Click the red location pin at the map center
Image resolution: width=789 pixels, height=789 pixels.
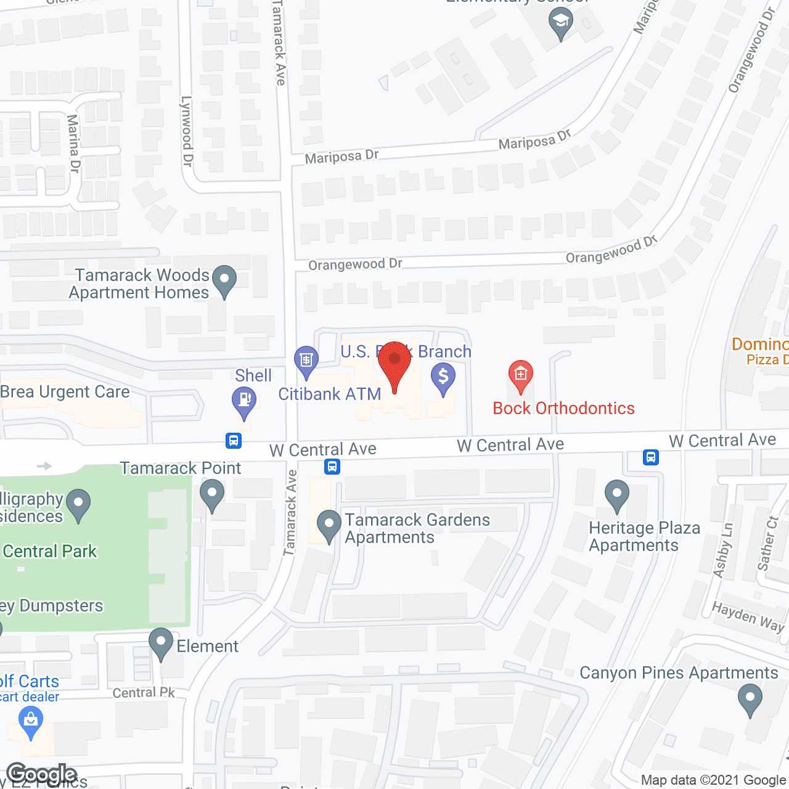point(394,361)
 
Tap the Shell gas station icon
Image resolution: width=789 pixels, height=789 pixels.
point(244,400)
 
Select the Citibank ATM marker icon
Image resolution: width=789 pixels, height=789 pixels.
point(306,360)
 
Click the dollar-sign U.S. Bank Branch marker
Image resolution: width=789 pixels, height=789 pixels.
point(443,376)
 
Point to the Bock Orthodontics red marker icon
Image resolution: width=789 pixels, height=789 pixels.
point(521,374)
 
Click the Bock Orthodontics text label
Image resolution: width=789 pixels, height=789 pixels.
point(563,408)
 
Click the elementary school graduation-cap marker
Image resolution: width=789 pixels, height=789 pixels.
point(561,23)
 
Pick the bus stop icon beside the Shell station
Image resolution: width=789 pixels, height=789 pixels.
point(233,440)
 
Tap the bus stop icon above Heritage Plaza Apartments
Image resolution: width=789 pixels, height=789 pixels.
point(651,457)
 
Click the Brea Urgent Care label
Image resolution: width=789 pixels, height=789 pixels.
point(65,392)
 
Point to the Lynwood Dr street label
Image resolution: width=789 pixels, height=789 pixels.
point(187,131)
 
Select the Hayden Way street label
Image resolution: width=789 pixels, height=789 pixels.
point(748,617)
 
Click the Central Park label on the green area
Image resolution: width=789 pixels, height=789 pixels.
point(50,551)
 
